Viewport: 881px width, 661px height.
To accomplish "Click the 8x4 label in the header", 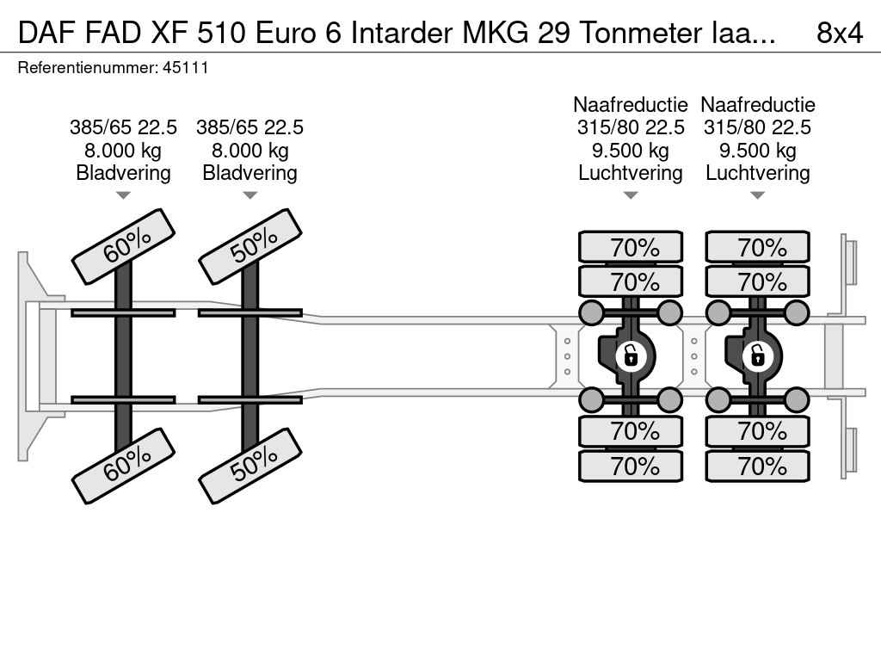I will click(x=839, y=32).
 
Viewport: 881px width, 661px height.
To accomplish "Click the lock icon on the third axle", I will click(x=631, y=355).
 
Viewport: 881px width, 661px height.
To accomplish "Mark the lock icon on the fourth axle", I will click(x=757, y=355).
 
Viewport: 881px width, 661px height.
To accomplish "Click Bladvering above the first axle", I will click(x=123, y=173).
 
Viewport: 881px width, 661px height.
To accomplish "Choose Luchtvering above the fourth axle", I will click(x=757, y=173).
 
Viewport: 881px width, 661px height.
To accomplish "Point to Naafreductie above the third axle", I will click(x=631, y=105).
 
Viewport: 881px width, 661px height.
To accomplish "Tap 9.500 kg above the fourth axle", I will click(x=757, y=151).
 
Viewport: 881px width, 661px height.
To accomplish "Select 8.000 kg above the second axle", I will click(x=250, y=151).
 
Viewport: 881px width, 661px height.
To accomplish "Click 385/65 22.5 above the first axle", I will click(x=123, y=127).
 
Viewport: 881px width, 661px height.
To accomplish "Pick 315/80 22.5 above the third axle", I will click(x=631, y=127).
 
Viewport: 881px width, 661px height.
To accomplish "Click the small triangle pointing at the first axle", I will click(x=123, y=195).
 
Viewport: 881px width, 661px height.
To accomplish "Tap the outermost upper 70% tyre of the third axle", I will click(x=631, y=247).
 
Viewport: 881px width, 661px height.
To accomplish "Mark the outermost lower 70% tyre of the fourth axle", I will click(x=757, y=466).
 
